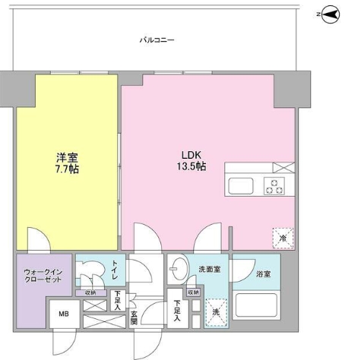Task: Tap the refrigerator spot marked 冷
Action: (282, 236)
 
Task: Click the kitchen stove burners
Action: (274, 185)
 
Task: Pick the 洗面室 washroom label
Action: (210, 269)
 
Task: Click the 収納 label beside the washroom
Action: (192, 291)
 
